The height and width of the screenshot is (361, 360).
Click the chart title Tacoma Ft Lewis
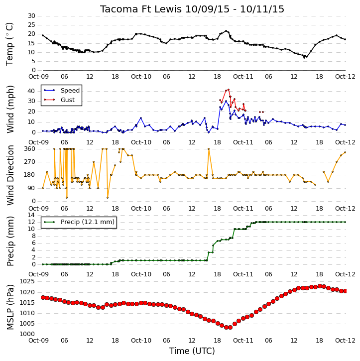(x=140, y=9)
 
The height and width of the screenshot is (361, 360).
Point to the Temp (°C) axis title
(x=9, y=44)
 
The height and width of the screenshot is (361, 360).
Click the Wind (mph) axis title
(x=10, y=109)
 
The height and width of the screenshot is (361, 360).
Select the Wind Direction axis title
(x=10, y=175)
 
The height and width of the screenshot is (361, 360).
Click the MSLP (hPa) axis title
(x=10, y=307)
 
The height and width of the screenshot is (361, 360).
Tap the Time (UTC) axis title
(x=192, y=351)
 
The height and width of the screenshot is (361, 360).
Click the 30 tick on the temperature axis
(x=31, y=16)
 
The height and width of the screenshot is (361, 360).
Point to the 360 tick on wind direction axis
(x=30, y=149)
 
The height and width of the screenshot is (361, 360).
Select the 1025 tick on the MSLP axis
(x=27, y=281)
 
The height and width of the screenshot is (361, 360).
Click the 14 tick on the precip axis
(x=31, y=215)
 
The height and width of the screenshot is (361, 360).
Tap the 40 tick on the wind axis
(x=31, y=91)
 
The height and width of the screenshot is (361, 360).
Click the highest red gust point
(x=229, y=90)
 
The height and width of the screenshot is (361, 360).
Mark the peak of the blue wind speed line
(x=226, y=101)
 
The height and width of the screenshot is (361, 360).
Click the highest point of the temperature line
(x=226, y=31)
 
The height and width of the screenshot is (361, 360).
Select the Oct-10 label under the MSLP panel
(x=141, y=340)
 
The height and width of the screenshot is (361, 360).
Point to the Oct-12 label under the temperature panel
(x=345, y=77)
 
